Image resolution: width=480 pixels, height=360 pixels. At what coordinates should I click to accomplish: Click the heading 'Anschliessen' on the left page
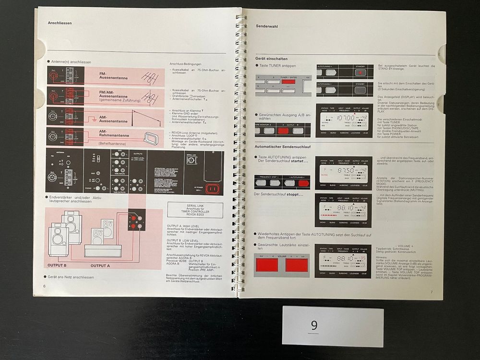click(x=59, y=23)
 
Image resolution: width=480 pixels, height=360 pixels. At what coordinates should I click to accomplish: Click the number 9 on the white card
click(x=314, y=326)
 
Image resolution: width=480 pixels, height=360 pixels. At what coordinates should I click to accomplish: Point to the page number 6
click(x=44, y=286)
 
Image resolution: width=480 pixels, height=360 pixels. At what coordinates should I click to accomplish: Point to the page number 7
click(x=431, y=292)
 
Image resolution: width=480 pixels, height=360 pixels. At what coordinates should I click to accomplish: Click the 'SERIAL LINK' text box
click(x=195, y=210)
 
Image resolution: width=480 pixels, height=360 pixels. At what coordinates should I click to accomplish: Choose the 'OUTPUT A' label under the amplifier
click(x=100, y=265)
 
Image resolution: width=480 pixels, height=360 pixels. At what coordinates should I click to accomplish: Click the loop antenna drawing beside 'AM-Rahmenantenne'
click(x=150, y=139)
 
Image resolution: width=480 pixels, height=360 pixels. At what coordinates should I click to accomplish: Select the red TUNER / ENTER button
click(x=288, y=82)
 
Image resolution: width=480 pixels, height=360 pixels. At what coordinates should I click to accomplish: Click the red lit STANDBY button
click(x=360, y=72)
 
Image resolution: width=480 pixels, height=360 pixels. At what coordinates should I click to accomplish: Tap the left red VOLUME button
click(x=267, y=265)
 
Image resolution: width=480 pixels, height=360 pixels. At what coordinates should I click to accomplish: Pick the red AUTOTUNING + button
click(x=302, y=183)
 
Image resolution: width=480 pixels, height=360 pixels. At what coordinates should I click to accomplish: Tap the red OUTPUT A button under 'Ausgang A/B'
click(x=283, y=131)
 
